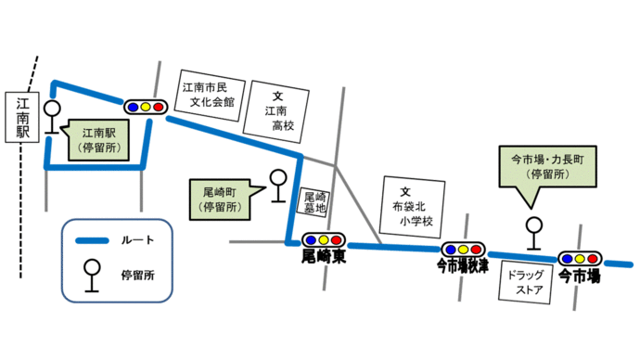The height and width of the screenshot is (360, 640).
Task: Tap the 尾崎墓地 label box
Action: click(315, 203)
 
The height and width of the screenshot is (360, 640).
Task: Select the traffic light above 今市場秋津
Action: click(462, 250)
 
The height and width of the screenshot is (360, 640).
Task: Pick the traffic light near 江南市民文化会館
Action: click(145, 107)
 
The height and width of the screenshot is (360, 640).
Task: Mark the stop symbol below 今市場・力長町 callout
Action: click(533, 233)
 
